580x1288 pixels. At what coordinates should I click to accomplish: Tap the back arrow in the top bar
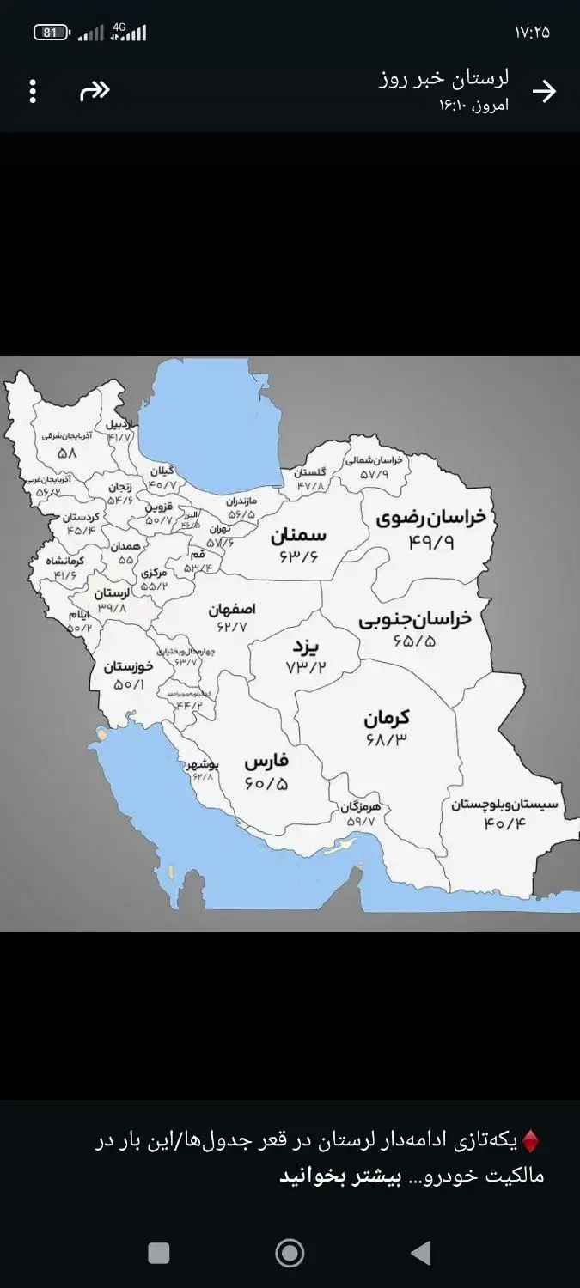click(544, 91)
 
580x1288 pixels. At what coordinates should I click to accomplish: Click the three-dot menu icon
click(33, 91)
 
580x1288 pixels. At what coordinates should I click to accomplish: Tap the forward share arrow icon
click(95, 91)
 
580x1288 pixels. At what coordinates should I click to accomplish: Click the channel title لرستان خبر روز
click(443, 79)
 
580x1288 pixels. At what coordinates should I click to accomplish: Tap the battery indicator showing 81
click(51, 33)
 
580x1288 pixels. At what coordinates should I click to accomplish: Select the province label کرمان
click(386, 717)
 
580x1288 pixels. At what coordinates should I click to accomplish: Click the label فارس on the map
click(266, 761)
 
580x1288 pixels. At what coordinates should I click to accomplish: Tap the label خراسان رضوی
click(430, 518)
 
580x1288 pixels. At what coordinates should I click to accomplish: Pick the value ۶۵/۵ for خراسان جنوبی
click(414, 641)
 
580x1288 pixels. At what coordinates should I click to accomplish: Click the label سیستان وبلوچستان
click(504, 805)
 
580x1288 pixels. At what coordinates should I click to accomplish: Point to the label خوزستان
click(129, 665)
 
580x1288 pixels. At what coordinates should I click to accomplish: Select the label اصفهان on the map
click(232, 610)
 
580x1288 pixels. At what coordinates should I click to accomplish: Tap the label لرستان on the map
click(113, 592)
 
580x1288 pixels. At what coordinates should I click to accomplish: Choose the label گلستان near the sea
click(310, 472)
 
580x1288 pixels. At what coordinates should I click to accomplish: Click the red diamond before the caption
click(531, 1141)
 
